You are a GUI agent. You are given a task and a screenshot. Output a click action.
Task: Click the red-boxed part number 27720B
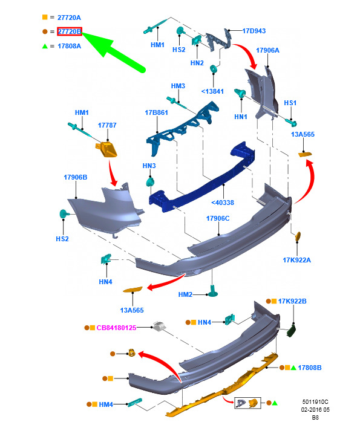[x=70, y=31]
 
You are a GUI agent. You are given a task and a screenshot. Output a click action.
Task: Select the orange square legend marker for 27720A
[x=45, y=17]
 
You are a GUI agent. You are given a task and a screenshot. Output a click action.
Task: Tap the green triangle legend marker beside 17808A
[x=45, y=46]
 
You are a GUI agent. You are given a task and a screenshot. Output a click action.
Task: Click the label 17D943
[x=254, y=31]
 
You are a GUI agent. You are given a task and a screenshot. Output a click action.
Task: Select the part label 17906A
[x=267, y=50]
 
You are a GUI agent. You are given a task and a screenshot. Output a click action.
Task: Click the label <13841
[x=212, y=91]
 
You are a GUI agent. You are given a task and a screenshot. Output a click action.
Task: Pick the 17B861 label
[x=157, y=112]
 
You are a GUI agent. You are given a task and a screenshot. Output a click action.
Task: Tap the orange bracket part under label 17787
[x=106, y=150]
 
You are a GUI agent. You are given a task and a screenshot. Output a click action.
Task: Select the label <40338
[x=223, y=203]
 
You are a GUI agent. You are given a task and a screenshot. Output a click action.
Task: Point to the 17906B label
[x=76, y=177]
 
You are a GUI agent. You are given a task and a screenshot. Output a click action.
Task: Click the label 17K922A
[x=296, y=260]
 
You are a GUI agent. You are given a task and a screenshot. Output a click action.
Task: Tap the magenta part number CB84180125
[x=116, y=328]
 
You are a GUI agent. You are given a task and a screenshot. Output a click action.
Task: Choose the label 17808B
[x=310, y=368]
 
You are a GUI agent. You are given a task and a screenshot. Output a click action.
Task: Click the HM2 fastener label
[x=185, y=294]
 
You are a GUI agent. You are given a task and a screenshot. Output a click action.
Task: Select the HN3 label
[x=149, y=166]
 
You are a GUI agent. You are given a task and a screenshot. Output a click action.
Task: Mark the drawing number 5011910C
[x=315, y=402]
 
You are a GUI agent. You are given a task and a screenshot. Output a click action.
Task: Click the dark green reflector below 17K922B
[x=292, y=331]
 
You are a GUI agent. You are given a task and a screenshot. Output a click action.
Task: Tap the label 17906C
[x=218, y=218]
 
